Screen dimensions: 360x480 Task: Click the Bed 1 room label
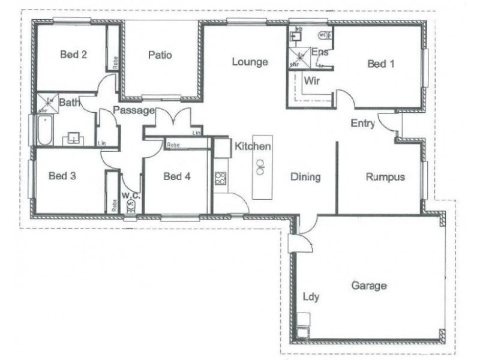380,64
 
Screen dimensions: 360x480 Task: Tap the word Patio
160,55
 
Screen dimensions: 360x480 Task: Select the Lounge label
250,62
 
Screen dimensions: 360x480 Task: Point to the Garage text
368,286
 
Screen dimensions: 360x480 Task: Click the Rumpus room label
385,177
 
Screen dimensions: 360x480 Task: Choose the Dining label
305,177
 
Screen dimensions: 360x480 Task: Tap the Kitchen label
253,146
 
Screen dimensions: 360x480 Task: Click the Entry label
363,124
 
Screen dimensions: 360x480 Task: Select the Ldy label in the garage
311,296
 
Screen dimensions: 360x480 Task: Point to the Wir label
311,80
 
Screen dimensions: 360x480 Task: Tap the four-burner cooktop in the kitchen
220,178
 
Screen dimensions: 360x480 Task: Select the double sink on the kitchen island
261,167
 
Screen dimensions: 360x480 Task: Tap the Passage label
134,110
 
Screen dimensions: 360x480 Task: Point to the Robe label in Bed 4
173,145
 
